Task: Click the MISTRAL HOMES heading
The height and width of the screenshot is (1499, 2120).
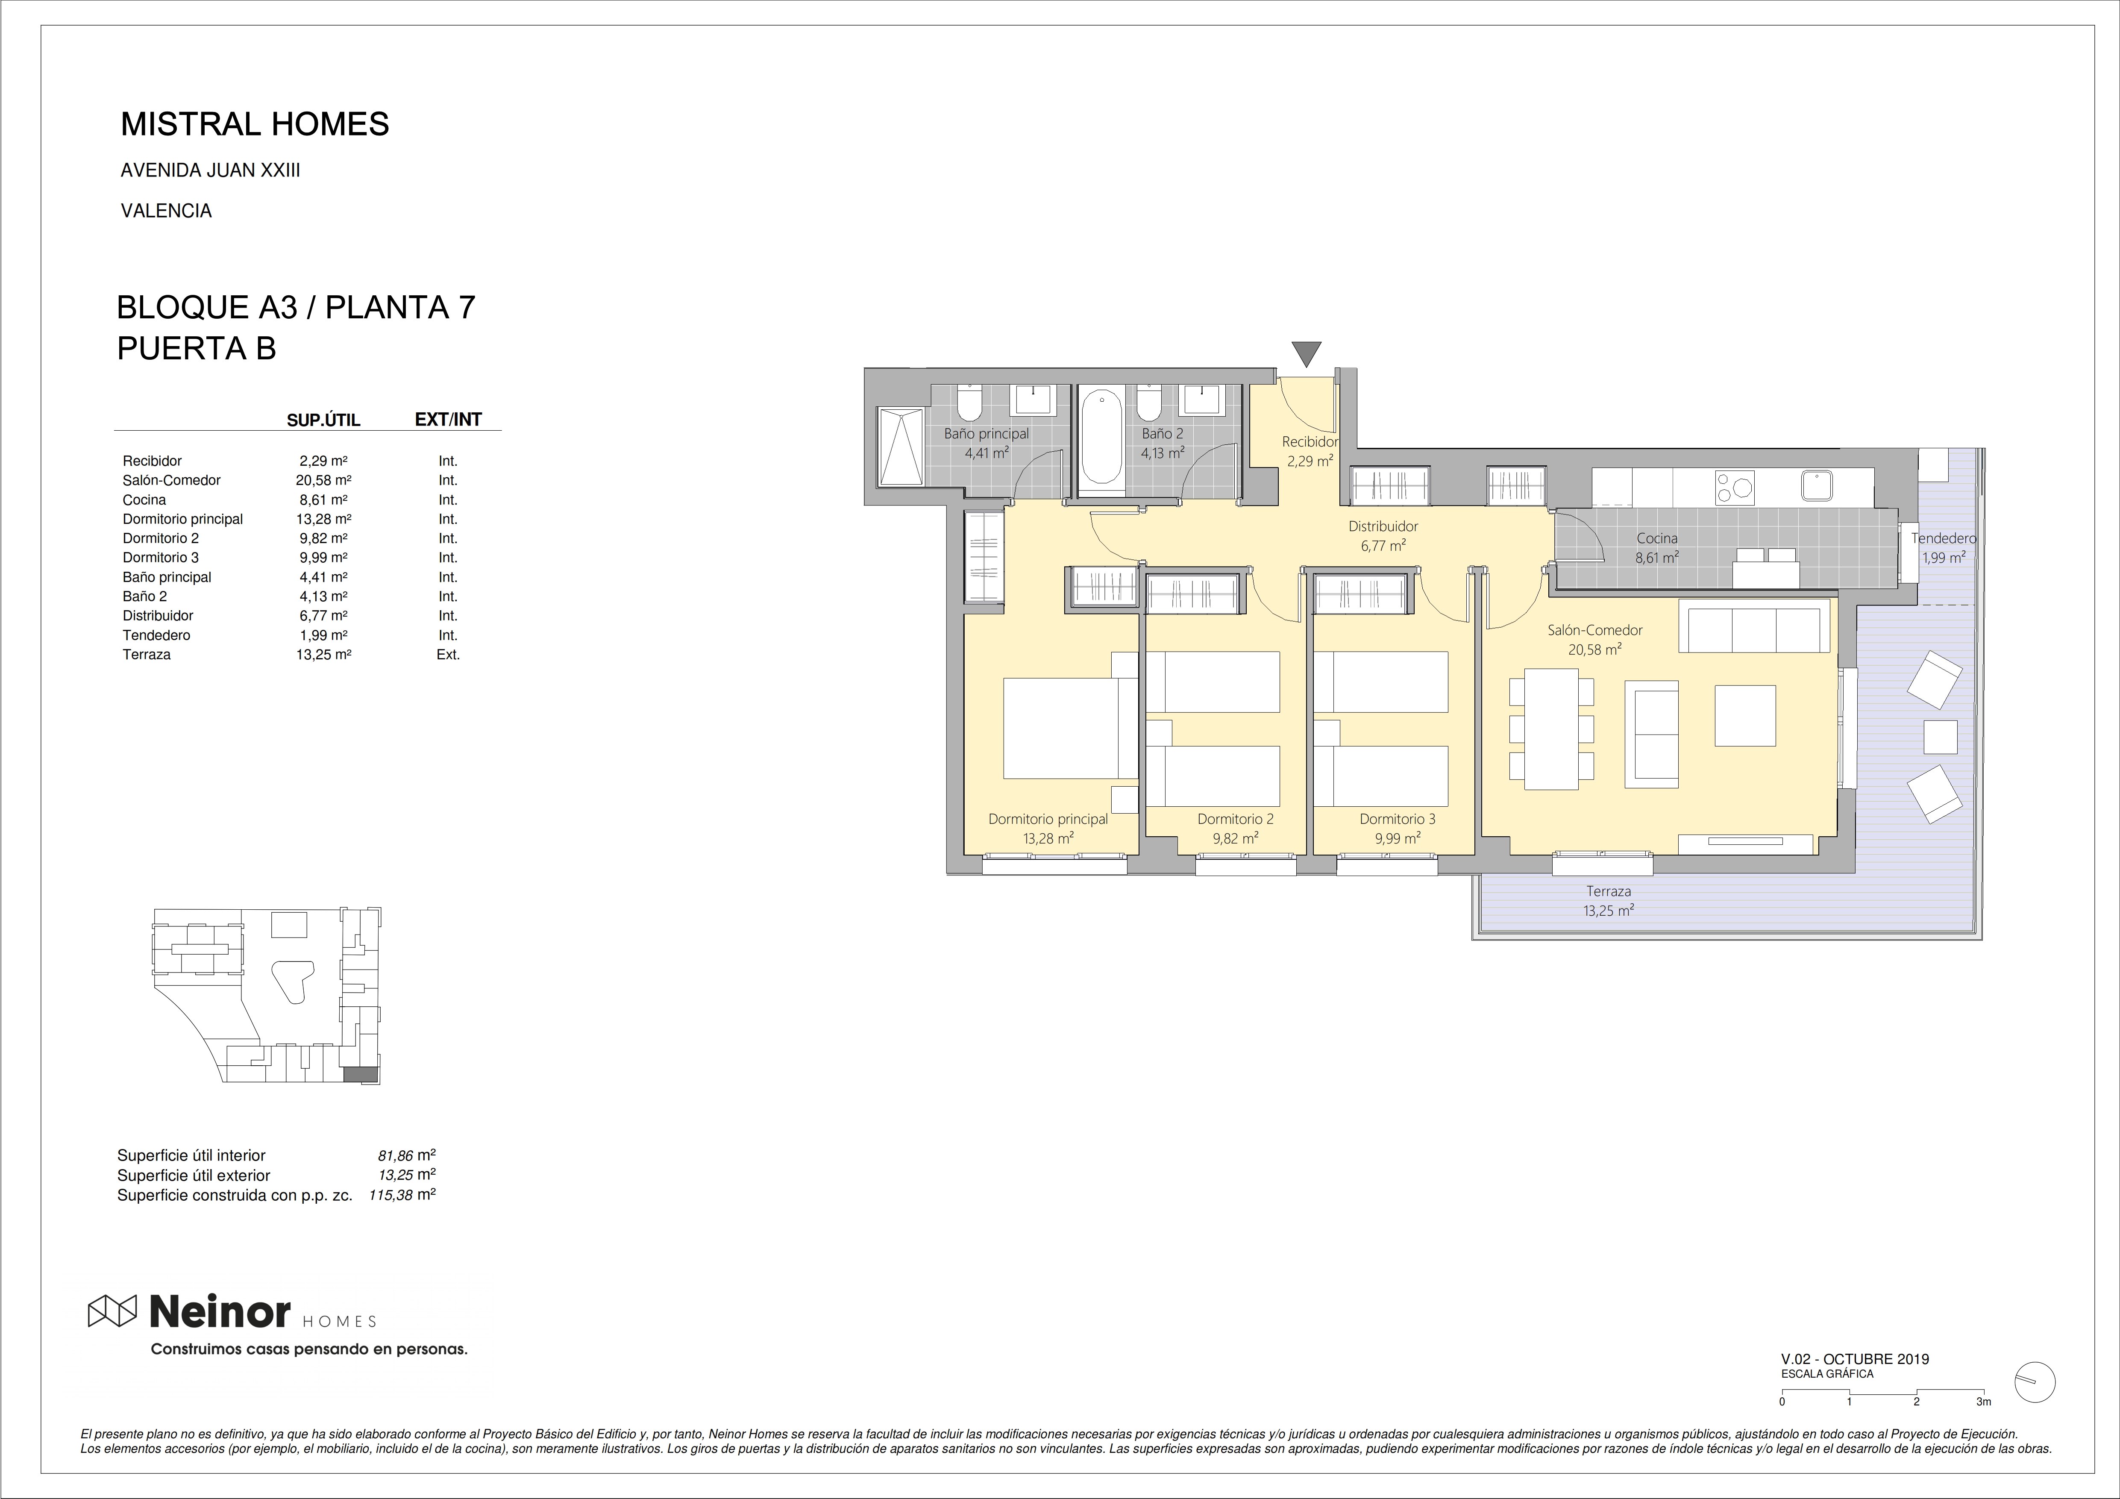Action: pos(255,124)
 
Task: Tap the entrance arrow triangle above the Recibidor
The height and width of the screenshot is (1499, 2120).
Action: pos(1307,353)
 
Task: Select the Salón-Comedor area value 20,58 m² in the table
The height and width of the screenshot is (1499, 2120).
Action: pos(323,480)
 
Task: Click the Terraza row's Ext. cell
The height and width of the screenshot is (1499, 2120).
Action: pos(448,655)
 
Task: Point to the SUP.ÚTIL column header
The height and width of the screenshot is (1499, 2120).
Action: pos(323,420)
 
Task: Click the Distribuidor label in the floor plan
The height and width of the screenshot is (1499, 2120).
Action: pos(1382,526)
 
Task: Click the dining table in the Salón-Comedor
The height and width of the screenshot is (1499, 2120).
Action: pos(1551,729)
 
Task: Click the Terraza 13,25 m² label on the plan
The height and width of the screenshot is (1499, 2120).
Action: pos(1609,900)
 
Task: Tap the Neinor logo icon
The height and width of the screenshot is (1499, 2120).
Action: pos(112,1311)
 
